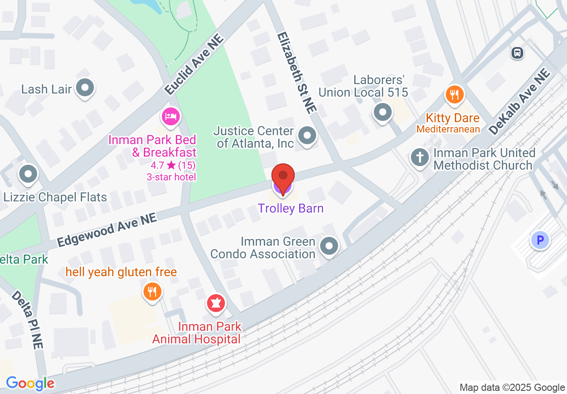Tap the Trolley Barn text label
pos(291,208)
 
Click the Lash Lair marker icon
pos(85,88)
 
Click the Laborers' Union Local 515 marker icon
pos(383,112)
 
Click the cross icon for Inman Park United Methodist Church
pos(420,158)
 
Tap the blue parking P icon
pos(540,240)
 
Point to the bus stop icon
pos(517,53)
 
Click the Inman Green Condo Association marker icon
pos(330,246)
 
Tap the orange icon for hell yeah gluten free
pos(152,292)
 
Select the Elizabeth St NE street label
pos(296,72)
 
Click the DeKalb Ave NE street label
pos(519,102)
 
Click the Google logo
pos(30,383)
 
